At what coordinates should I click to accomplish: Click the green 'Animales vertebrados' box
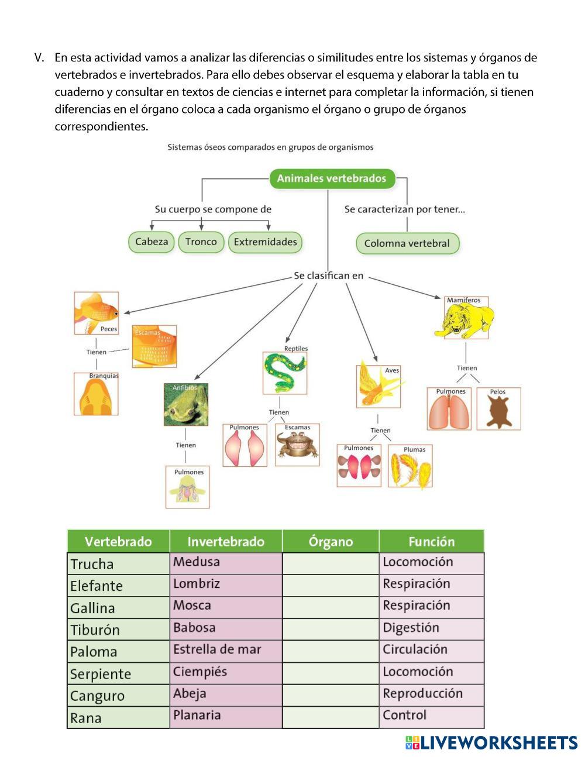pyautogui.click(x=332, y=178)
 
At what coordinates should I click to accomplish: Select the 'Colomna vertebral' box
pyautogui.click(x=407, y=243)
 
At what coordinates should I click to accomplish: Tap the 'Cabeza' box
pyautogui.click(x=152, y=242)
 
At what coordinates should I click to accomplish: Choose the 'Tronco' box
pyautogui.click(x=201, y=242)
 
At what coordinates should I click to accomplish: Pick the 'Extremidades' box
pyautogui.click(x=265, y=242)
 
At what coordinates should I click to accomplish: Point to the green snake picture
pyautogui.click(x=285, y=373)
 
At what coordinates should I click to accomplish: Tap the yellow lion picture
pyautogui.click(x=466, y=319)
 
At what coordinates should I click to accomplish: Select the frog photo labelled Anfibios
pyautogui.click(x=186, y=404)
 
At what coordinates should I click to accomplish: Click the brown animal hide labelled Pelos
pyautogui.click(x=498, y=409)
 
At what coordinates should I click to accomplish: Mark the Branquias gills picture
pyautogui.click(x=96, y=395)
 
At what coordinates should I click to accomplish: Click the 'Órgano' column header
pyautogui.click(x=331, y=541)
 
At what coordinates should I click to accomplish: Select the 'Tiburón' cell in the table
pyautogui.click(x=118, y=629)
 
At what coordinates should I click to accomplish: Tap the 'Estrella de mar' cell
pyautogui.click(x=226, y=649)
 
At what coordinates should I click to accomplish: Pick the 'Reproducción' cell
pyautogui.click(x=432, y=694)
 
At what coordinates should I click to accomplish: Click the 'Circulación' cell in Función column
pyautogui.click(x=432, y=649)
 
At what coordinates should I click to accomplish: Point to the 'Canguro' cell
pyautogui.click(x=118, y=696)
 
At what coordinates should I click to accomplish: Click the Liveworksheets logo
pyautogui.click(x=491, y=742)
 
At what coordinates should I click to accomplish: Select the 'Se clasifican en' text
pyautogui.click(x=328, y=276)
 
